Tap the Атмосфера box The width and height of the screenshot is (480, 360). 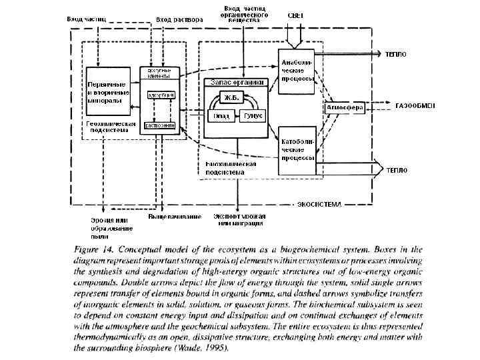(x=344, y=107)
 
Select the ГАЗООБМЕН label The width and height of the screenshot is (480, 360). (x=415, y=107)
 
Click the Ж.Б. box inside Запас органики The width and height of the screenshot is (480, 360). (x=232, y=98)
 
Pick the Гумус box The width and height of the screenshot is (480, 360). (x=251, y=115)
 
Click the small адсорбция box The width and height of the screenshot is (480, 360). (x=160, y=95)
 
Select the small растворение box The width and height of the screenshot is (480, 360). (x=160, y=125)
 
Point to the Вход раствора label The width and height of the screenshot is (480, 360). (x=179, y=19)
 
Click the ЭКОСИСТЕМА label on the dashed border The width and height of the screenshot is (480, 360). (x=319, y=203)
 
